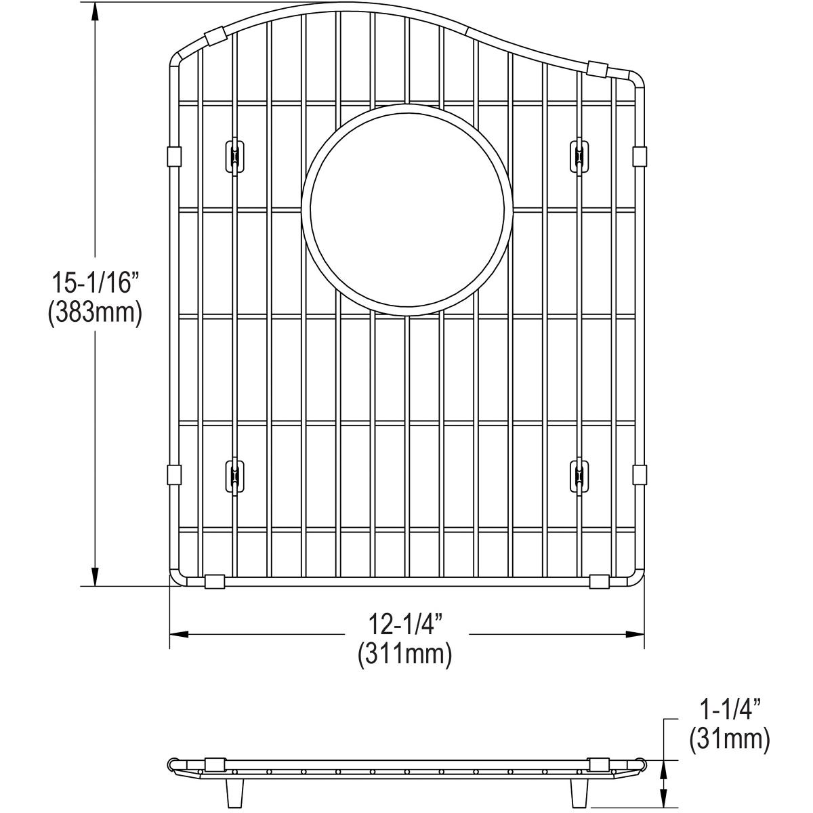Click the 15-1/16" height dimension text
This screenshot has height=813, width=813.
94,283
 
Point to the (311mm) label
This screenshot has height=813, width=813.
405,654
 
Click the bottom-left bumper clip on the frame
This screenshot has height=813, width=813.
214,581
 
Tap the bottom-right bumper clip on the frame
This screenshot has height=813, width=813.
599,581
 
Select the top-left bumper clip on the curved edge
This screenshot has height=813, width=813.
214,37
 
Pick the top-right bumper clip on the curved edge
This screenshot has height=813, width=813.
597,68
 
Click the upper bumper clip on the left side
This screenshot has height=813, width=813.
173,157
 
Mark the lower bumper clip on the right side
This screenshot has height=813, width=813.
639,474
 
